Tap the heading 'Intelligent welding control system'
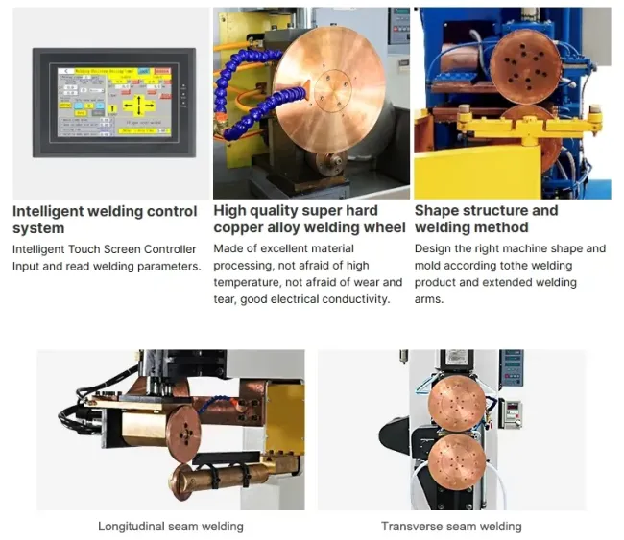point(105,220)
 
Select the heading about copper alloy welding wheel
point(309,219)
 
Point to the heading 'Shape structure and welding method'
point(486,219)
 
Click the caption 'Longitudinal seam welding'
point(171,527)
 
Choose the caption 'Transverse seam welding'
point(451,527)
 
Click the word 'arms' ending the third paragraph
point(430,299)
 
